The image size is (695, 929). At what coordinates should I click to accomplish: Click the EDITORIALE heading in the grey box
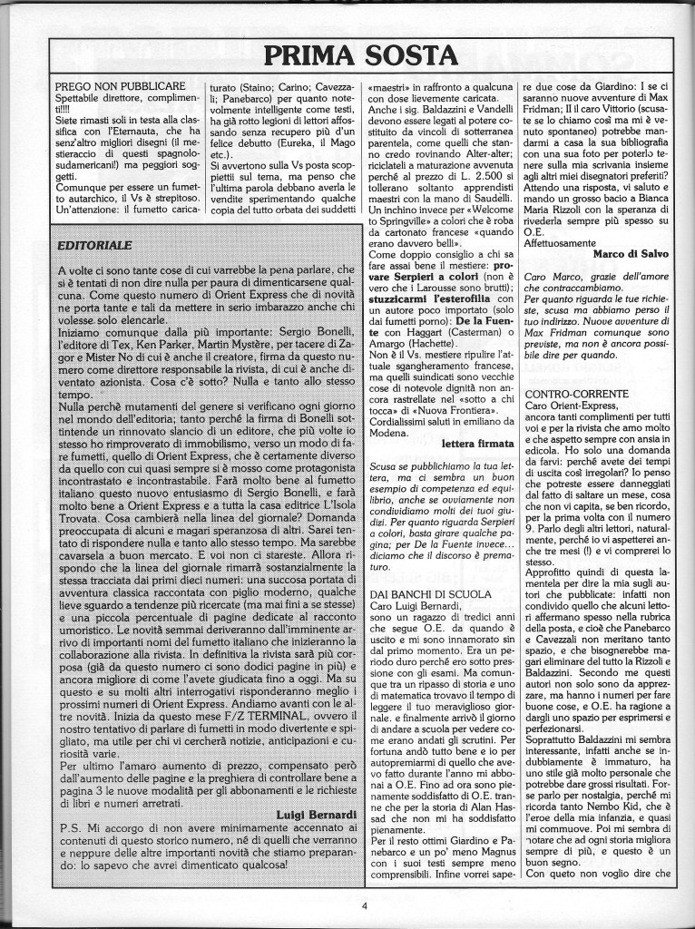(x=93, y=244)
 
